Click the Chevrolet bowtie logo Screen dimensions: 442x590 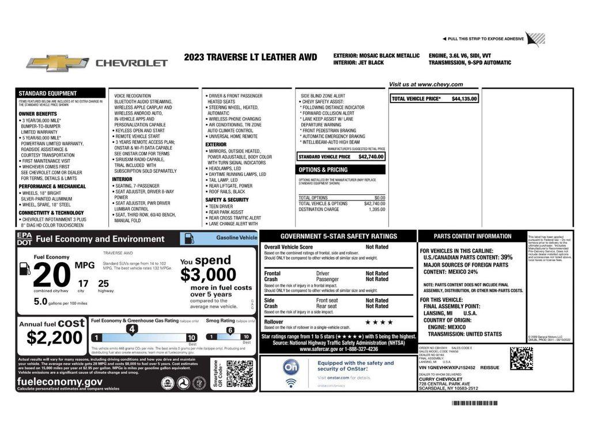coord(58,63)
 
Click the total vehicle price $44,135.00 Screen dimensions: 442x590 coord(464,99)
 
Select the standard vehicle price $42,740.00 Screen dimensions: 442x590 coord(370,157)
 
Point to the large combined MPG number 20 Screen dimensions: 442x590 coord(51,275)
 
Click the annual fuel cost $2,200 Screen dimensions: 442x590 coord(51,337)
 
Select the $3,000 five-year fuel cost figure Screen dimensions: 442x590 coord(208,274)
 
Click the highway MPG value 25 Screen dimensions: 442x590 coord(103,283)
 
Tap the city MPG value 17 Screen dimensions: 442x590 coord(84,283)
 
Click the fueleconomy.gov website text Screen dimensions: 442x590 coord(60,381)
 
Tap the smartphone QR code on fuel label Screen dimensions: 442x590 coord(239,373)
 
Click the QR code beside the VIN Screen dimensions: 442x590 coord(521,358)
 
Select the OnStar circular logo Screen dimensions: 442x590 coord(291,367)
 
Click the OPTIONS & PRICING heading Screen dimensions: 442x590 coord(323,170)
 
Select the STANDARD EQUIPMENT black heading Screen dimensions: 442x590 coord(47,93)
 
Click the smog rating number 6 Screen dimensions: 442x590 coord(230,330)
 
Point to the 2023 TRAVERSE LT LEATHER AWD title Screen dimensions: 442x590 coord(251,57)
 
